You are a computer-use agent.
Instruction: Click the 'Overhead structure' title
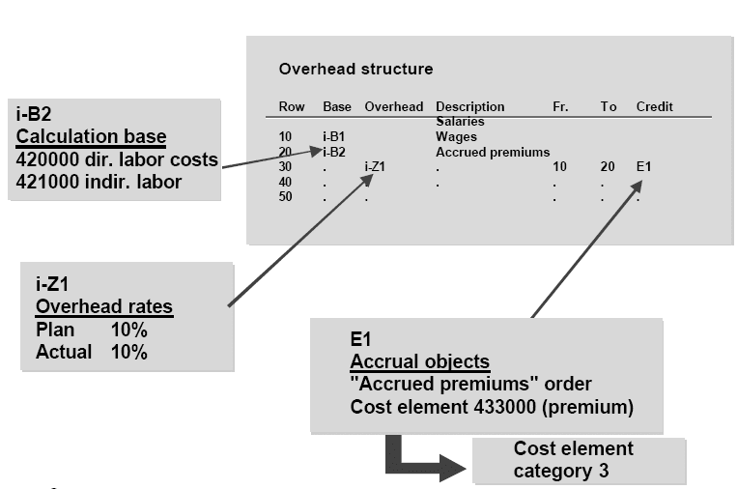pos(355,70)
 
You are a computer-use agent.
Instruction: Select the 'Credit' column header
pos(654,106)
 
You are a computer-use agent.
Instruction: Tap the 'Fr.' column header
pos(560,106)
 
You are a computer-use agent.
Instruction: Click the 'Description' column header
pos(469,106)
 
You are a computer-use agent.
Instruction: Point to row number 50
pos(286,196)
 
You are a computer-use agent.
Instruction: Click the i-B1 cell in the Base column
pos(333,137)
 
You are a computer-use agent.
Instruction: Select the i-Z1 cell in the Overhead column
pos(375,167)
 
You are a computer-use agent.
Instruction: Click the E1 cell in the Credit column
pos(643,167)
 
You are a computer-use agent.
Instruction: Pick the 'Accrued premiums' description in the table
pos(493,152)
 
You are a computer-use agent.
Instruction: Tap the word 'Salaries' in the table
pos(460,122)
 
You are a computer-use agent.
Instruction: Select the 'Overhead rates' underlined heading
pos(104,307)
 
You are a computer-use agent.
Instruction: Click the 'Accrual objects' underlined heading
pos(419,361)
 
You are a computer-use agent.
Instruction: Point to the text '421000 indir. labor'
pos(99,182)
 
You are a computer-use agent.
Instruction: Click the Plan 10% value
pos(128,330)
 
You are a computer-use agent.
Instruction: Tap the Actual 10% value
pos(128,353)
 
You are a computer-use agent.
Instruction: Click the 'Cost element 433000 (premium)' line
pos(492,407)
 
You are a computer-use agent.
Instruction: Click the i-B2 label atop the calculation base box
pos(36,113)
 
